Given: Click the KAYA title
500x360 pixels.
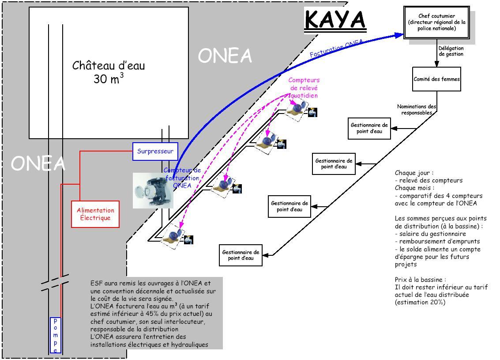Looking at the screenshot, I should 335,20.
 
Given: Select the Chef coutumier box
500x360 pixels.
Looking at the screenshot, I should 436,22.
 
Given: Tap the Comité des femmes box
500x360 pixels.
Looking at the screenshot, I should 436,79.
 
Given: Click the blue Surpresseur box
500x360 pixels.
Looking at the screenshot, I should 155,151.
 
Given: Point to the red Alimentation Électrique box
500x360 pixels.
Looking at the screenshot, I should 95,214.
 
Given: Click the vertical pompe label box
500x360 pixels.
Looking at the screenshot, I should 55,335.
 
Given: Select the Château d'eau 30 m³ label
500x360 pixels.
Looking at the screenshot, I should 109,72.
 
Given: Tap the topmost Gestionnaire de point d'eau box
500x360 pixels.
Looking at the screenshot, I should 369,128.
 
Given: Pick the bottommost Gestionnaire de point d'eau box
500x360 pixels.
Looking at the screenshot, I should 241,255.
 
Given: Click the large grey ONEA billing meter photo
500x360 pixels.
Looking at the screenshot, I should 153,190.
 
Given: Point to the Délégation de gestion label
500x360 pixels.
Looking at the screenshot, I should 451,51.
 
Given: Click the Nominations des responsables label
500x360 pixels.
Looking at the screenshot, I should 416,110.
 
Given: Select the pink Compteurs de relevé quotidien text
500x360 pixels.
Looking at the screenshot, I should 304,87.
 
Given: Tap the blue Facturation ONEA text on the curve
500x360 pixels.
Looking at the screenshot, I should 336,49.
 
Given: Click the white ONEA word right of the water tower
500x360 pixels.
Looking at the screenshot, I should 225,56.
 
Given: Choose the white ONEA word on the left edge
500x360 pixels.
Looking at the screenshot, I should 38,163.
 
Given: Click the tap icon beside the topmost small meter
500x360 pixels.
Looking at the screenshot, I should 312,112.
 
